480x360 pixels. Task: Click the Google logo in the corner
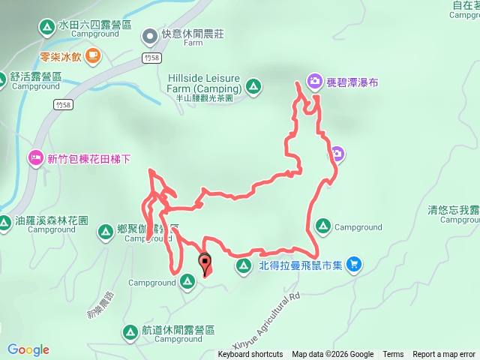[x=28, y=349]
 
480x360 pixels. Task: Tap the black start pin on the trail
[x=205, y=262]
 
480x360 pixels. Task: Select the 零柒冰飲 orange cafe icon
[x=93, y=54]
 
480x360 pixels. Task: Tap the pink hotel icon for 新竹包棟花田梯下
[x=34, y=158]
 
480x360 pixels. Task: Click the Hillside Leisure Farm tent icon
[x=254, y=88]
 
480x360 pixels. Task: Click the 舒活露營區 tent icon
[x=16, y=76]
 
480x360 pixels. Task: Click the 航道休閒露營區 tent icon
[x=129, y=330]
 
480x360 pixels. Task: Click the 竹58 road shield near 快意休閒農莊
[x=149, y=57]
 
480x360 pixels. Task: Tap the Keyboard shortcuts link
[x=250, y=355]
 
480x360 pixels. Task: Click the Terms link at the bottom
[x=393, y=355]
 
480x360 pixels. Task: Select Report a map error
[x=444, y=355]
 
